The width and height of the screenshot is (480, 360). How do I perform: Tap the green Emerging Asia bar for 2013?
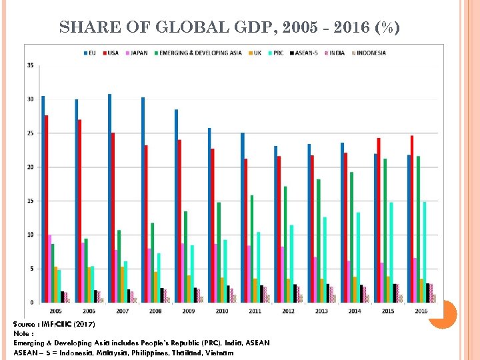(x=319, y=240)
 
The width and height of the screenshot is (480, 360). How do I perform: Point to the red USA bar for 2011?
(x=246, y=230)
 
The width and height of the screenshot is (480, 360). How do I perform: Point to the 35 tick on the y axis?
(x=31, y=65)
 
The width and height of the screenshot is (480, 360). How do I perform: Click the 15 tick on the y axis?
(x=31, y=201)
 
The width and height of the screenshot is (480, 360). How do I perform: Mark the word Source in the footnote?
(x=25, y=324)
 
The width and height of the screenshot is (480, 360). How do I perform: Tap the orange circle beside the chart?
(x=442, y=314)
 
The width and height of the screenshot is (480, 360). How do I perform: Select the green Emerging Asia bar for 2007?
(x=119, y=266)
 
